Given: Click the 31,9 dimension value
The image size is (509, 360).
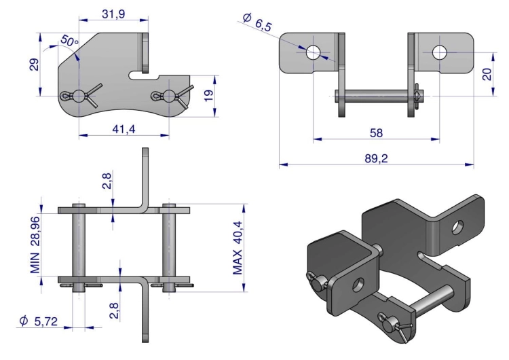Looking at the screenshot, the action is (113, 14).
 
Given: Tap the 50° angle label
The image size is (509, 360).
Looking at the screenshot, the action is (69, 41).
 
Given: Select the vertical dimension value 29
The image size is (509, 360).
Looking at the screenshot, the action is (34, 65).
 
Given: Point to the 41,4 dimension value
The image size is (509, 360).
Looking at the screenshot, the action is (124, 129).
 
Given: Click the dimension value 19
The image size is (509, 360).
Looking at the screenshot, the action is (209, 95).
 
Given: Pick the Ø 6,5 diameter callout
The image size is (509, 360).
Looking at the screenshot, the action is (257, 22).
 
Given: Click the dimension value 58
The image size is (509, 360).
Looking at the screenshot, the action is (376, 132).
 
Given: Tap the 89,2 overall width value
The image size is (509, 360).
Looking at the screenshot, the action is (376, 158).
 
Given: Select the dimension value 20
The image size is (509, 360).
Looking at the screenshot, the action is (487, 74).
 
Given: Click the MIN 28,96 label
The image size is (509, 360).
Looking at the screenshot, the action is (35, 245).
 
